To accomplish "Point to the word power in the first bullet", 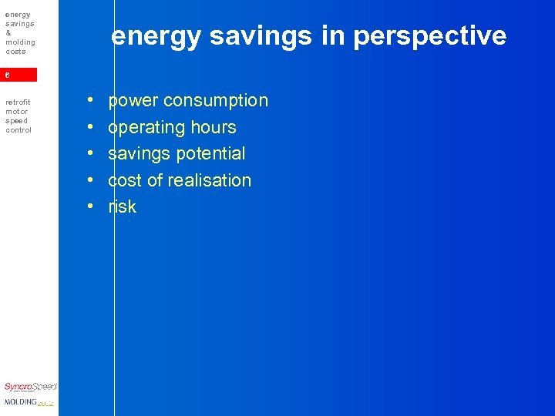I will click(133, 101).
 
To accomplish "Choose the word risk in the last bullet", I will click(123, 206).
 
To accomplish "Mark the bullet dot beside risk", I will click(90, 207).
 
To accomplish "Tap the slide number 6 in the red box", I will click(8, 75).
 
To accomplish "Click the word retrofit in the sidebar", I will click(17, 102).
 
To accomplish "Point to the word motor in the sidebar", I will click(16, 111).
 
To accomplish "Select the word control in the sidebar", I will click(18, 129).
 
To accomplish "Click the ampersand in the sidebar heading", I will click(8, 33).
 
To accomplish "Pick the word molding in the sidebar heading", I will click(21, 42).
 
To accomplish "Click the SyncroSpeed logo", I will click(30, 387).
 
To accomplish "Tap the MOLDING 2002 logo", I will click(29, 402).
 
